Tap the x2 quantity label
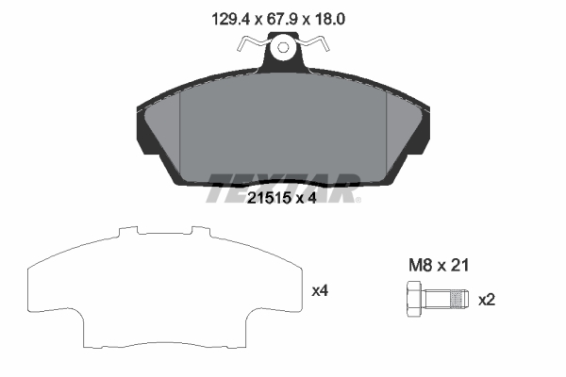pyautogui.click(x=488, y=300)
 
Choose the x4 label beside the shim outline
pyautogui.click(x=320, y=291)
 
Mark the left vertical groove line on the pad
pyautogui.click(x=178, y=132)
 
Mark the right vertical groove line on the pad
pyautogui.click(x=389, y=132)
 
